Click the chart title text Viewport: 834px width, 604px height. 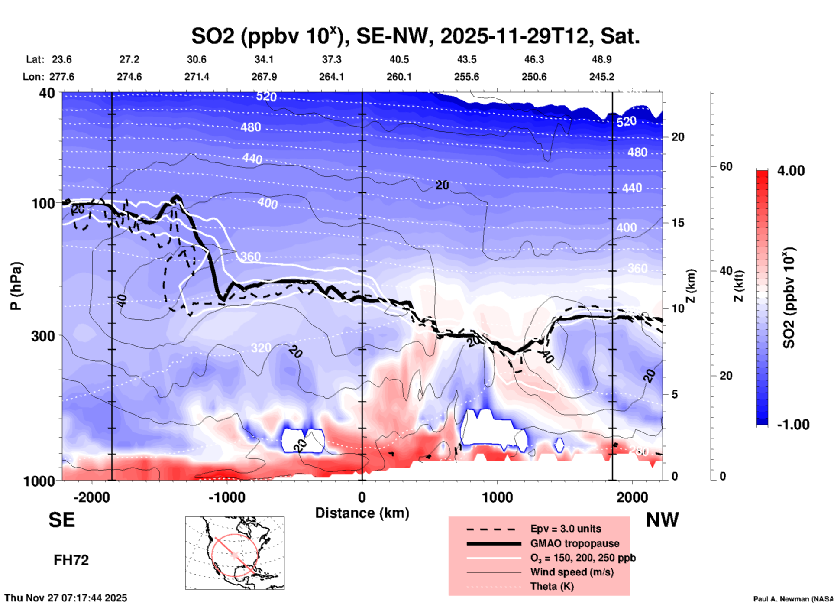coord(415,36)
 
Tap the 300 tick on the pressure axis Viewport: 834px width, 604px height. coord(43,336)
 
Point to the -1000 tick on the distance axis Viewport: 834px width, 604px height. coord(227,497)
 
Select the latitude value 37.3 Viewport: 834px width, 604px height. coord(332,59)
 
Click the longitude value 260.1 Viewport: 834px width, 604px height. coord(399,77)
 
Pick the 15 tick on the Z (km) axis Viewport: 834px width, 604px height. coord(678,223)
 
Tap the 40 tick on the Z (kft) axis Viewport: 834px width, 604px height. coord(726,271)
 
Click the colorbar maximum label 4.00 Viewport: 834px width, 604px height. coord(791,170)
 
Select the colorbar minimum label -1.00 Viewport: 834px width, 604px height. coord(793,425)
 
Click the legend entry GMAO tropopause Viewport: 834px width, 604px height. coord(575,543)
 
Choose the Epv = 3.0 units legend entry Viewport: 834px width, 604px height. coord(566,529)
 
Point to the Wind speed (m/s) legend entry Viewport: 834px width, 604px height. coord(572,572)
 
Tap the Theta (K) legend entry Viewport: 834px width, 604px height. coord(552,586)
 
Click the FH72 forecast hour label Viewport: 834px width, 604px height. coord(71,560)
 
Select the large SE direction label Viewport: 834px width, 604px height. coord(61,520)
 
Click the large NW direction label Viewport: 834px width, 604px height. coord(662,520)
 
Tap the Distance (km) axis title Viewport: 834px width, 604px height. coord(362,513)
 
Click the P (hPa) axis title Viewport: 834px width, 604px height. coord(16,286)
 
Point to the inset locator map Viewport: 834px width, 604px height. coord(235,553)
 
